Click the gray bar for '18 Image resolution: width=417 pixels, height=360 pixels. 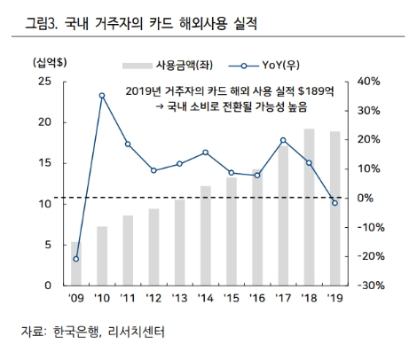click(x=309, y=207)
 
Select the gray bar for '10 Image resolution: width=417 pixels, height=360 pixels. click(x=102, y=256)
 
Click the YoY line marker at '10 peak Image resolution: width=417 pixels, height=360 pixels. click(x=102, y=95)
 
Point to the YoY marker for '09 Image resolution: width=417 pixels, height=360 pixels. click(x=76, y=259)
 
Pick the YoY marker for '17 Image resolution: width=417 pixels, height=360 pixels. click(x=283, y=140)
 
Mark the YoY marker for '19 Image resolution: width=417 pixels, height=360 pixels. click(x=334, y=203)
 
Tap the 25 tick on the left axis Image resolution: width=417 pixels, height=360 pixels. click(x=43, y=82)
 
